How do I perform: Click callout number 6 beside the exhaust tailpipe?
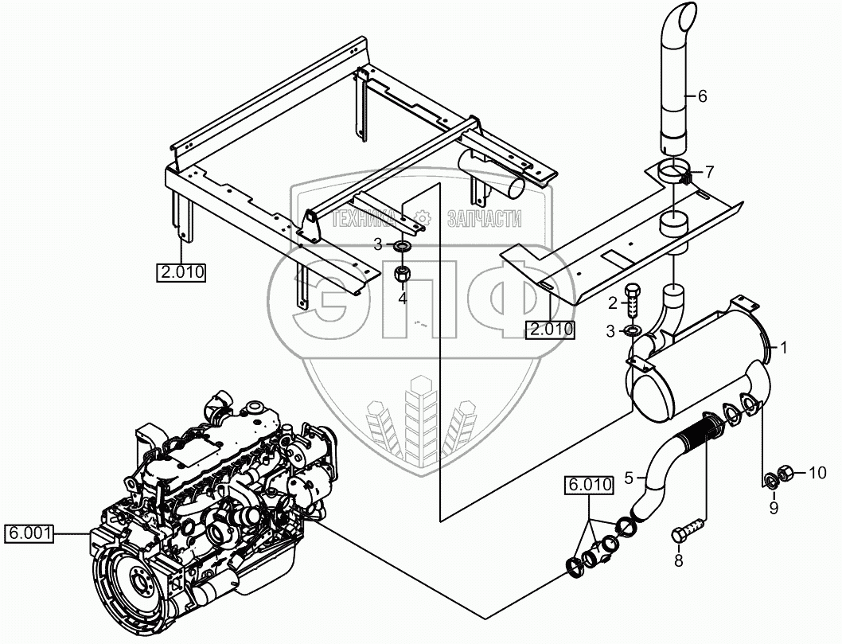tap(701, 96)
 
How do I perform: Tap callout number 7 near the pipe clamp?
tap(710, 171)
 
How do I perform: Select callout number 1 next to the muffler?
tap(783, 347)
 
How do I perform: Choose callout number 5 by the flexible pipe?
tap(630, 478)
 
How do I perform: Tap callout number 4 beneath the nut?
tap(403, 299)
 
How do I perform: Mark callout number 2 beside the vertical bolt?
tap(613, 302)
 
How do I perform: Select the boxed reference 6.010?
tap(589, 484)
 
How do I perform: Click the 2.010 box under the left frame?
tap(181, 273)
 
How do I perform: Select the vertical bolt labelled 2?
tap(633, 301)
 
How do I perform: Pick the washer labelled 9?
tap(770, 481)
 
